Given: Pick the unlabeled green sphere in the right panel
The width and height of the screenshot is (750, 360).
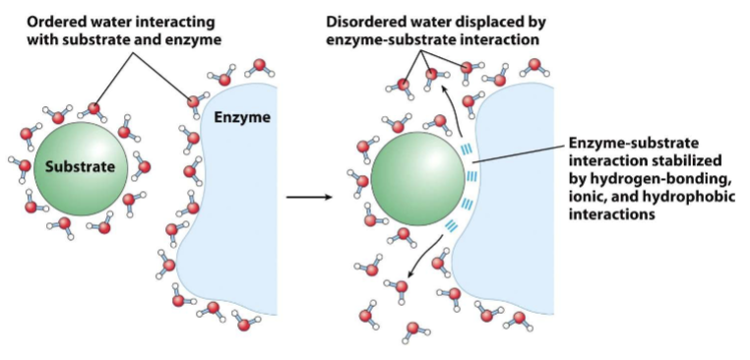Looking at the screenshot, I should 413,182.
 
